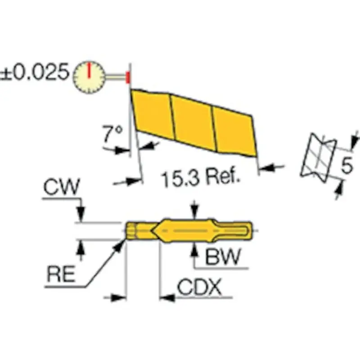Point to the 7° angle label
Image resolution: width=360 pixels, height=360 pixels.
click(x=112, y=133)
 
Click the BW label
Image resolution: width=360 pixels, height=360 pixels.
click(x=221, y=258)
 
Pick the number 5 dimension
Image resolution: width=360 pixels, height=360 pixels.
click(x=346, y=165)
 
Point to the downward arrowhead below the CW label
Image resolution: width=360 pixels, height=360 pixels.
click(x=81, y=216)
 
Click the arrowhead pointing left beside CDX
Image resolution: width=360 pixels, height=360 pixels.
click(x=164, y=297)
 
